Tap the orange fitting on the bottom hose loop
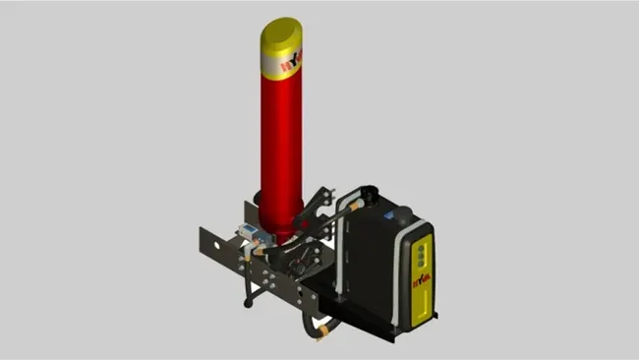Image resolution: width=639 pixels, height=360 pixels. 322,332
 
